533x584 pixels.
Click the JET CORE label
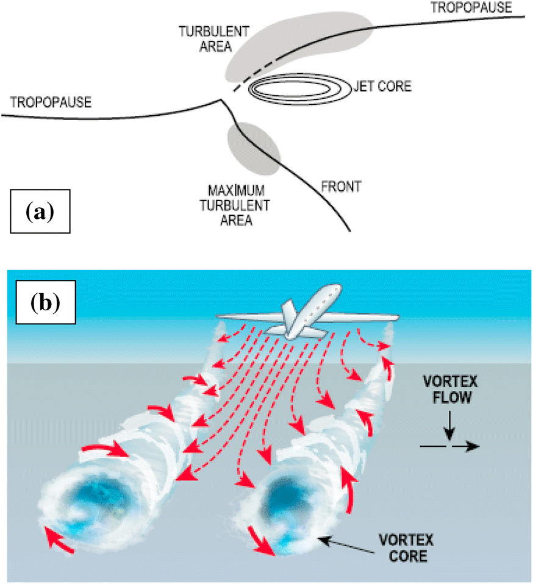(x=382, y=87)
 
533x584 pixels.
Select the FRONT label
(x=342, y=187)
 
